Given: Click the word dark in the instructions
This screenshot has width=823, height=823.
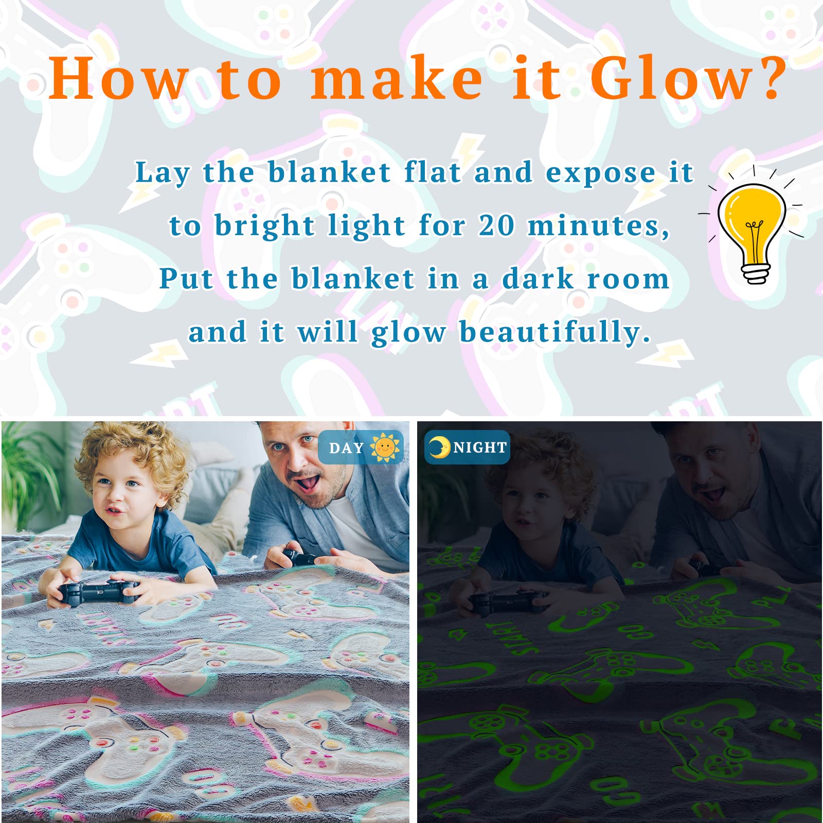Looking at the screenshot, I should coord(538,279).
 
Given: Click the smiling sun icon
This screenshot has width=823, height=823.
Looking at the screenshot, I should coord(384,448).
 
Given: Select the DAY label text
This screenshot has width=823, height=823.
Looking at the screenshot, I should coord(346,448).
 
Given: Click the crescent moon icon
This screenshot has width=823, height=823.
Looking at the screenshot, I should coord(439,448).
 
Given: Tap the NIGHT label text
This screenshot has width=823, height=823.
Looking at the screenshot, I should coord(480,448).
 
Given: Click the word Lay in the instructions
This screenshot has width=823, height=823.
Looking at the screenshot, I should coord(162,173).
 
